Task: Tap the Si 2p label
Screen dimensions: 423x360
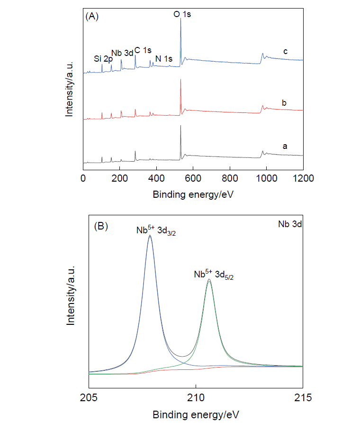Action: (x=103, y=59)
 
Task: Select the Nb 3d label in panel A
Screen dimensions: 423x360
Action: (x=122, y=53)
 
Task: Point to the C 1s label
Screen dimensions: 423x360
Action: (x=143, y=50)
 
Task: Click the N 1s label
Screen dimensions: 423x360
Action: (x=164, y=59)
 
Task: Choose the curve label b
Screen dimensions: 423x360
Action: (x=285, y=102)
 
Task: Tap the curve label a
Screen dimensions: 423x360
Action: (x=285, y=147)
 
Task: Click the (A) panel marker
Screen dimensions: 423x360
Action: (x=91, y=17)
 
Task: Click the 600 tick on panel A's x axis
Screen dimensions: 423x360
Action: (x=193, y=178)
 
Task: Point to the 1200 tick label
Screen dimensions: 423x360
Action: (x=303, y=178)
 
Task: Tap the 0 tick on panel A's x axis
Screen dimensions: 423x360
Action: (x=83, y=178)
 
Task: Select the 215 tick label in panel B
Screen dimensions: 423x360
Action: (x=303, y=397)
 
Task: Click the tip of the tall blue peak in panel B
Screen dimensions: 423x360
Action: (x=150, y=236)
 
